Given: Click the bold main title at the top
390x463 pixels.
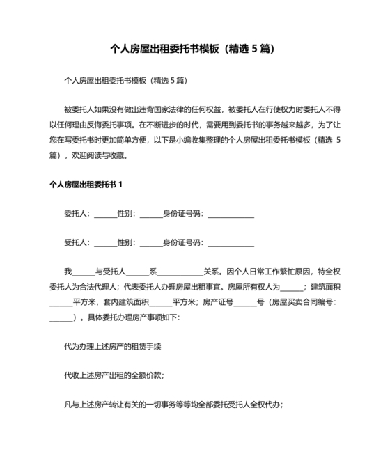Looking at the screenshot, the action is (194, 49).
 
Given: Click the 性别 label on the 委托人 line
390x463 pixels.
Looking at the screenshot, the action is (127, 214).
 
